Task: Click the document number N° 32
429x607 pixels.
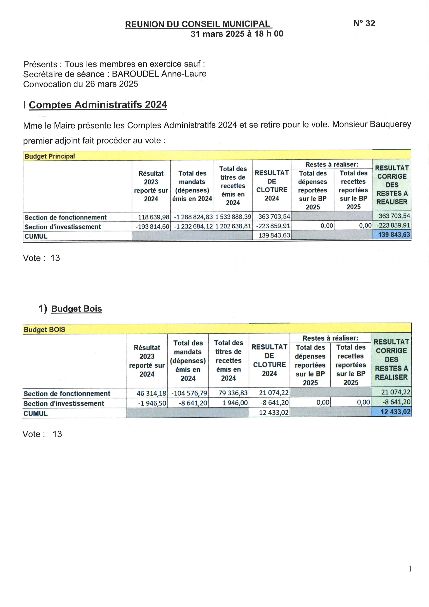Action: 364,23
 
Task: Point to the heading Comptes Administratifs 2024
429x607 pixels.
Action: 98,105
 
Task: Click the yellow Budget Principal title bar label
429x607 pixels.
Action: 50,156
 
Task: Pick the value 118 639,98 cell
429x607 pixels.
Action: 154,217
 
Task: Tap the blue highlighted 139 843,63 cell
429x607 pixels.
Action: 394,235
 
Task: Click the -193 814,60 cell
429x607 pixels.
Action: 153,227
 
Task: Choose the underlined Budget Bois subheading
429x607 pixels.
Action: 76,309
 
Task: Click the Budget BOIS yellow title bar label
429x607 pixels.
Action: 44,330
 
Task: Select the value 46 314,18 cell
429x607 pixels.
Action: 151,393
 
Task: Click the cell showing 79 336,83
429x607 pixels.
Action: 233,393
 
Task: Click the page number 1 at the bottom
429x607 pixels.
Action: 410,569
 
